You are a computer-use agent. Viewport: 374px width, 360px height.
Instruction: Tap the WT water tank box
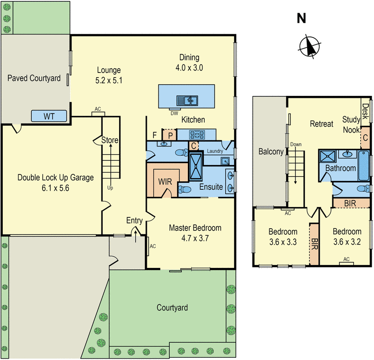coord(49,116)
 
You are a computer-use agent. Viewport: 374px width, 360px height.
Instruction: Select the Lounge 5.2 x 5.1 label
coord(108,75)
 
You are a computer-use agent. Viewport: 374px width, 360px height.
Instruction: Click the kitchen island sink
coord(187,100)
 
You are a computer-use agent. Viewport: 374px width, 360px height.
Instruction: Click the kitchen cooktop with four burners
coord(197,134)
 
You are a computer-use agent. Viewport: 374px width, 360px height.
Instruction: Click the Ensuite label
coord(211,187)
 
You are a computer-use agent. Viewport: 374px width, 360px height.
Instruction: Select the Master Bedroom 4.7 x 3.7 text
coord(195,233)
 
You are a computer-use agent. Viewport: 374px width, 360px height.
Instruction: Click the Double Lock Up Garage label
coord(56,182)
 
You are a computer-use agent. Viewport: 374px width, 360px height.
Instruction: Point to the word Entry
coord(135,220)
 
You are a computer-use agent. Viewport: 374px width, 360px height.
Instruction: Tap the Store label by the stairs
coord(110,140)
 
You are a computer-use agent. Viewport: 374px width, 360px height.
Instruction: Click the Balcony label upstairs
coord(271,151)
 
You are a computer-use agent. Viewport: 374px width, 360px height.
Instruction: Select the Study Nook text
coord(351,124)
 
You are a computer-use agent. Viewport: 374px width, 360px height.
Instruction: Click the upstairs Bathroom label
coord(341,168)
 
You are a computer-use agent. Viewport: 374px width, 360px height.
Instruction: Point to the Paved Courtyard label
coord(34,78)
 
